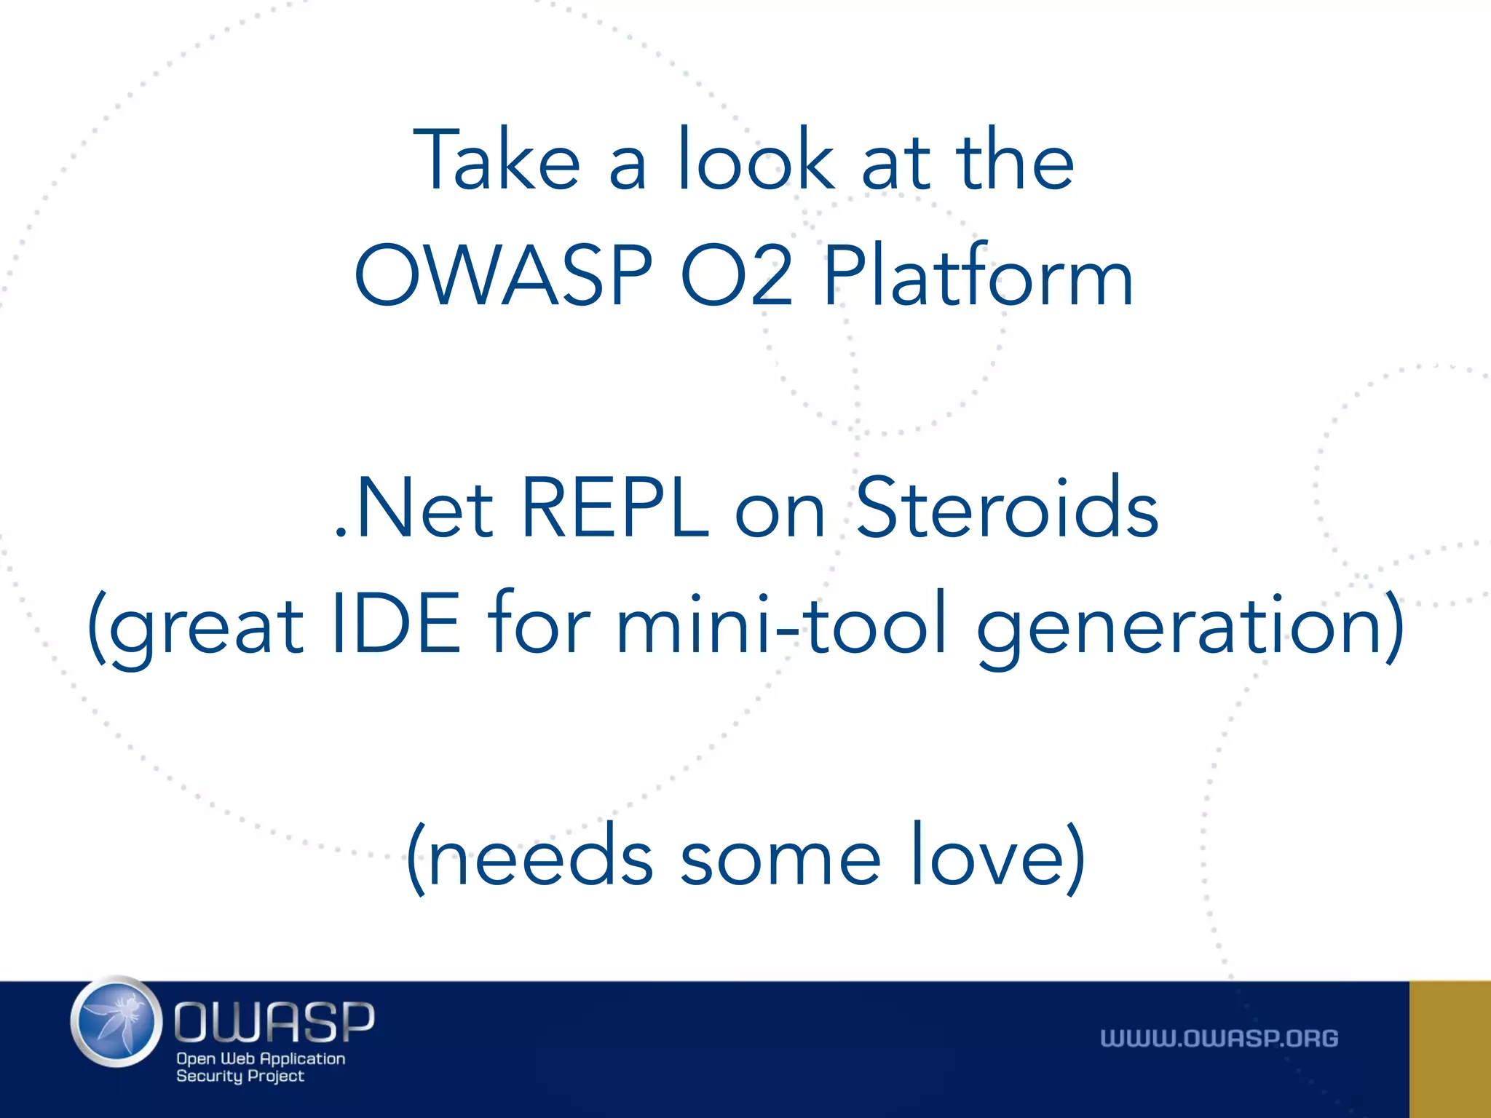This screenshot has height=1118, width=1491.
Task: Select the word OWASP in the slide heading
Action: pos(503,276)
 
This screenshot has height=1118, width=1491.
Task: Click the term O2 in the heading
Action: pos(736,276)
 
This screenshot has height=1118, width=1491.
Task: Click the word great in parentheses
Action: pos(206,626)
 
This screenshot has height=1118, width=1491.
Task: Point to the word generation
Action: pos(1179,626)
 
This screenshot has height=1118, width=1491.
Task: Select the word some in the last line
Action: pos(780,859)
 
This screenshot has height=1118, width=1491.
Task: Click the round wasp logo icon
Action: pos(116,1022)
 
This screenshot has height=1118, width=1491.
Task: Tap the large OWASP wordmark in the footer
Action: pos(274,1021)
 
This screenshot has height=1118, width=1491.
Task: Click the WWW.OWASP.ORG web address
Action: pos(1219,1038)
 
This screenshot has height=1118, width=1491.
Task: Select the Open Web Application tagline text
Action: pos(261,1058)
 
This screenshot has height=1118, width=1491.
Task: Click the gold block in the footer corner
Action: pos(1450,1049)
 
